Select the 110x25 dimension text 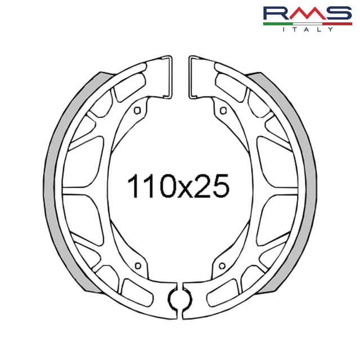179,186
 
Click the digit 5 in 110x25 219,186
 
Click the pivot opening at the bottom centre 180,297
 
